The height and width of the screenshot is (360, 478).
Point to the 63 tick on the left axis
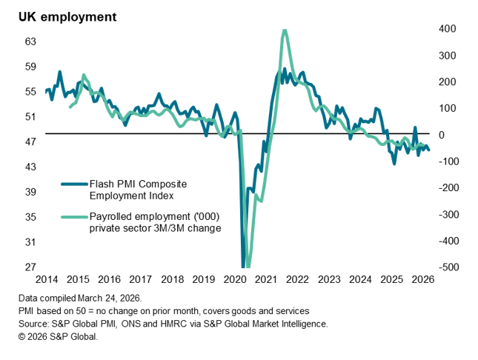[x=31, y=41]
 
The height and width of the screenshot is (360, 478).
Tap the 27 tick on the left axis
[x=31, y=267]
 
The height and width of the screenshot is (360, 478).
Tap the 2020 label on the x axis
[x=234, y=280]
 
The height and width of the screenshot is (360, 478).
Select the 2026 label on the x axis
[x=422, y=280]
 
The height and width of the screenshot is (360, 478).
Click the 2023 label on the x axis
[x=328, y=280]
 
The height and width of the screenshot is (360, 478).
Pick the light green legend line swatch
[x=73, y=217]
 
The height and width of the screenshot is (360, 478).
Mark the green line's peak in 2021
[x=285, y=30]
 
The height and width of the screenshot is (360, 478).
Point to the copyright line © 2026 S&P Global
[x=59, y=336]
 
